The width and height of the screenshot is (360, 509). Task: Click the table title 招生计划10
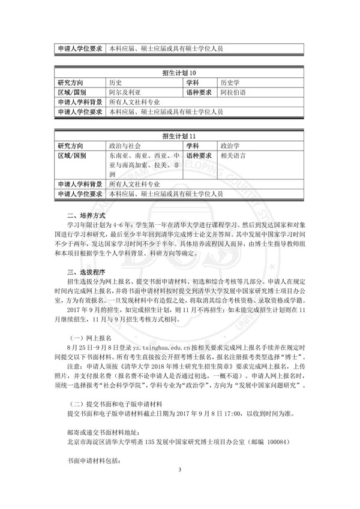179,73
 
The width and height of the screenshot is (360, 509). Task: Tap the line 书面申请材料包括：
94,463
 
